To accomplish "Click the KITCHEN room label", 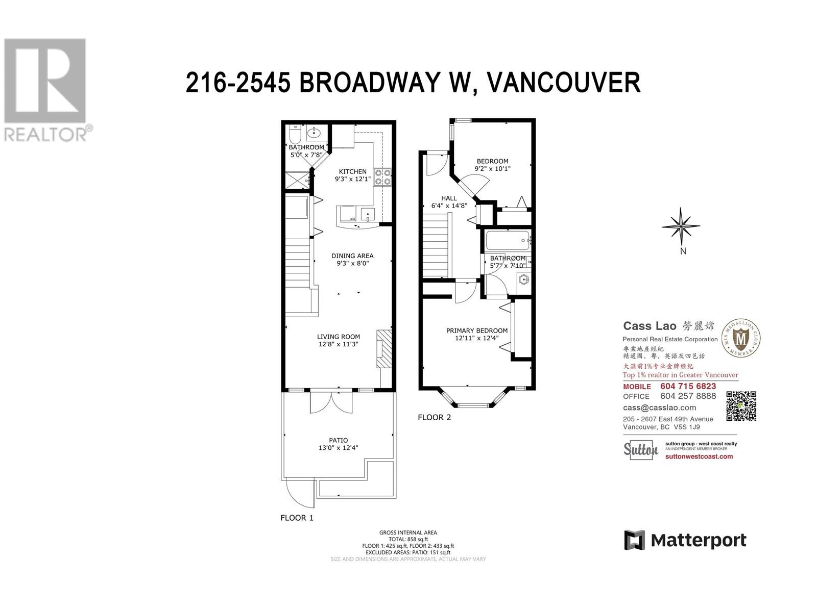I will tap(352, 171).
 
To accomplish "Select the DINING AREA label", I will tap(352, 256).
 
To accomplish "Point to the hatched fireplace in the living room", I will tap(385, 349).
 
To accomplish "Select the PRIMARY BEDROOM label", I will tap(477, 330).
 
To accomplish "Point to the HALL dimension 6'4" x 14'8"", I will tap(449, 206).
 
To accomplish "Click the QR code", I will tap(741, 406).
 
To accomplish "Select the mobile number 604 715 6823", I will tap(688, 386).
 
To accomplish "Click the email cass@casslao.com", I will tap(659, 407).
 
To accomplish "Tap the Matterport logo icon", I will tap(635, 540).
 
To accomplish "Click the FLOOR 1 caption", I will tap(297, 518).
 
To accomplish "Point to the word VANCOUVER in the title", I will tap(564, 82).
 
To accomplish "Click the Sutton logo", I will tap(640, 450).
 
